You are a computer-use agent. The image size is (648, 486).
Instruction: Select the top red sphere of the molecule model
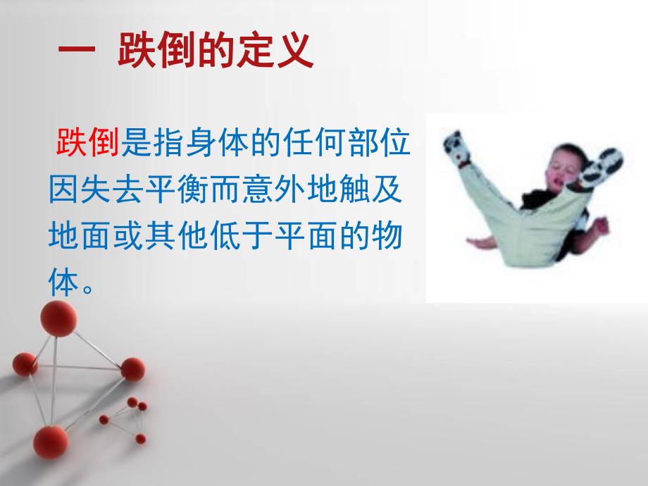point(58,319)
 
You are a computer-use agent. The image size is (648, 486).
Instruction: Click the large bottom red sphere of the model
point(50,443)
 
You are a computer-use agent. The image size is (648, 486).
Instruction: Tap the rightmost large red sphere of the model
point(132,369)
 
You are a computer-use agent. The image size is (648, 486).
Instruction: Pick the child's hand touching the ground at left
point(478,242)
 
